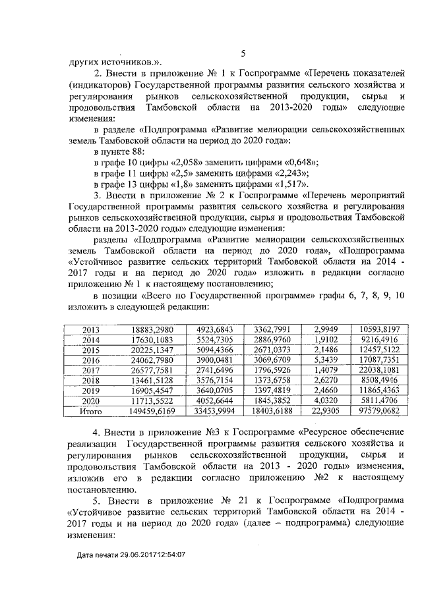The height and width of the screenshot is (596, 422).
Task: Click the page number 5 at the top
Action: tap(243, 54)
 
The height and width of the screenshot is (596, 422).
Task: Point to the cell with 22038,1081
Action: tap(377, 371)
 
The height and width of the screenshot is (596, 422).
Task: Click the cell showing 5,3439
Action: tap(326, 361)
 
